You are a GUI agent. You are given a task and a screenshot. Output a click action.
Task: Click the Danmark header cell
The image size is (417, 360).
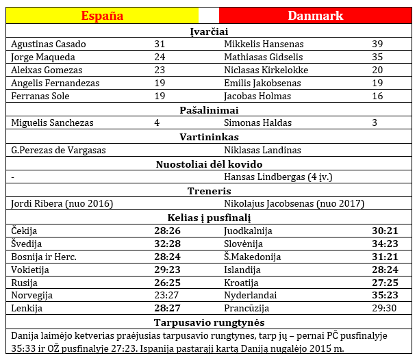pyautogui.click(x=315, y=16)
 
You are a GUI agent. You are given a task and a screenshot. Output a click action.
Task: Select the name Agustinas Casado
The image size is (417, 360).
pyautogui.click(x=49, y=44)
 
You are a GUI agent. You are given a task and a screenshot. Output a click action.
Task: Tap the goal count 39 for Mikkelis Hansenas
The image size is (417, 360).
pyautogui.click(x=377, y=44)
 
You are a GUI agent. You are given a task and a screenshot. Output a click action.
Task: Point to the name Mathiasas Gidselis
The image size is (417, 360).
pyautogui.click(x=264, y=57)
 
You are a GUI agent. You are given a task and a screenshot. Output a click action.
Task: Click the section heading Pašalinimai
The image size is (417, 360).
pyautogui.click(x=209, y=110)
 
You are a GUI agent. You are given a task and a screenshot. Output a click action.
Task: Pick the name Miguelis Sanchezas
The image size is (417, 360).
pyautogui.click(x=53, y=123)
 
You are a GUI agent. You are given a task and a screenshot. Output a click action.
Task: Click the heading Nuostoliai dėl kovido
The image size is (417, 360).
pyautogui.click(x=209, y=164)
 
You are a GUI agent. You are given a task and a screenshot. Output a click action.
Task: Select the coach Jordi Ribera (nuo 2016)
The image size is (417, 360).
pyautogui.click(x=62, y=203)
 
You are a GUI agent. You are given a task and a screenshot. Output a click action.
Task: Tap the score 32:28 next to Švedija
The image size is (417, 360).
pyautogui.click(x=168, y=244)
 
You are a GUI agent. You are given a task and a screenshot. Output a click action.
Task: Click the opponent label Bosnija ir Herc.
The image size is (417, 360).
pyautogui.click(x=44, y=257)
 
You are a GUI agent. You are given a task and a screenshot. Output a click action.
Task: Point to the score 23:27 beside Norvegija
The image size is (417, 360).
pyautogui.click(x=168, y=296)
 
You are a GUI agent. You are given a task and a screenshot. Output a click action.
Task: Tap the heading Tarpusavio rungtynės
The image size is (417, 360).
pyautogui.click(x=209, y=322)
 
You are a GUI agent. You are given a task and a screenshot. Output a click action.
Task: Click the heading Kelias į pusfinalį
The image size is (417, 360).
pyautogui.click(x=209, y=218)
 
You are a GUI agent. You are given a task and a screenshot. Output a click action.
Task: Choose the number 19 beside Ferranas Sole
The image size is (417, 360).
pyautogui.click(x=160, y=96)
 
